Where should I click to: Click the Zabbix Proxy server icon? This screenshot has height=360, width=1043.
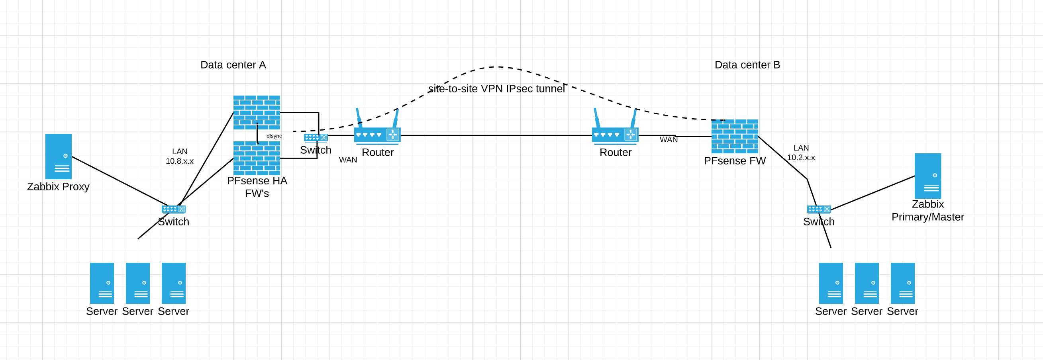(x=58, y=157)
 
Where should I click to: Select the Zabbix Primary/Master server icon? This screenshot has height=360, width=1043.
(x=927, y=176)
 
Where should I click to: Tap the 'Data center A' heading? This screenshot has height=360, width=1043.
(x=233, y=65)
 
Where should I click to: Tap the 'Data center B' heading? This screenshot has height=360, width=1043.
(x=747, y=65)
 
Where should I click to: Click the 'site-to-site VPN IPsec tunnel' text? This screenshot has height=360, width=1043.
(x=496, y=89)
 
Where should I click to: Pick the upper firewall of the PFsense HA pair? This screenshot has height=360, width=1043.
(x=257, y=112)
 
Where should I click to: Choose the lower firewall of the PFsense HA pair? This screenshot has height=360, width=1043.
(x=257, y=158)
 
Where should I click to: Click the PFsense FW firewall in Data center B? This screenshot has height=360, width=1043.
(x=735, y=136)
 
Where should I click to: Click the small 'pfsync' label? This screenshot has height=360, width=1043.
(x=274, y=136)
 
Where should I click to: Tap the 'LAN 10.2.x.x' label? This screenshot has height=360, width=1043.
(x=801, y=153)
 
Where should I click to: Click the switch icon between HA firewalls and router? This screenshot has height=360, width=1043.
(x=316, y=138)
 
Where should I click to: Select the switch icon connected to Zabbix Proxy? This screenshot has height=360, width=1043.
(x=173, y=209)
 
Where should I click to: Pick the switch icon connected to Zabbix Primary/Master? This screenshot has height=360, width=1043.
(x=819, y=209)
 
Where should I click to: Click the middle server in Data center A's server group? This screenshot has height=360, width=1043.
(x=138, y=283)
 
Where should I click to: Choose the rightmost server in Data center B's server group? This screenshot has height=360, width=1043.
(x=902, y=283)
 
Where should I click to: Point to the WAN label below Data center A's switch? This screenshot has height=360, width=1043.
(x=348, y=160)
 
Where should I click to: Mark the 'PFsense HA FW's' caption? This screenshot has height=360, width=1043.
(x=257, y=187)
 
